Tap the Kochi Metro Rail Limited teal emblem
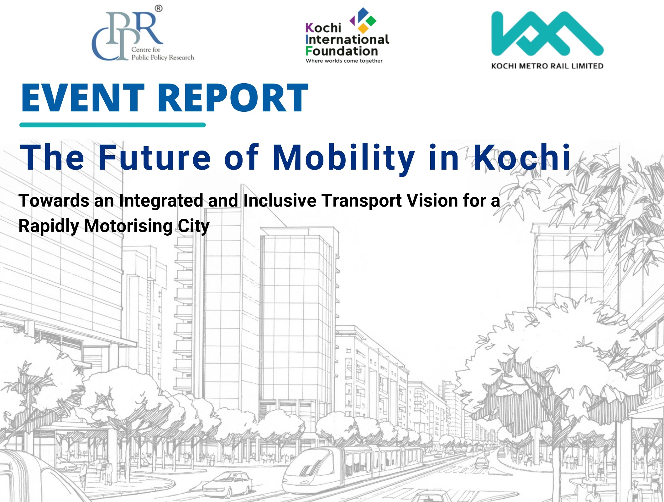(547, 34)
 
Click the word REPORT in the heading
(233, 98)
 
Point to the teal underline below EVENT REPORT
(112, 125)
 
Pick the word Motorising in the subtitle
(128, 226)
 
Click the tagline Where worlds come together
(344, 61)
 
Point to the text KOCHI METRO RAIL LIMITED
(547, 66)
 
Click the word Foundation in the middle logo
(342, 51)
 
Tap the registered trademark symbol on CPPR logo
(159, 9)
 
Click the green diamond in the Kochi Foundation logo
(371, 21)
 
